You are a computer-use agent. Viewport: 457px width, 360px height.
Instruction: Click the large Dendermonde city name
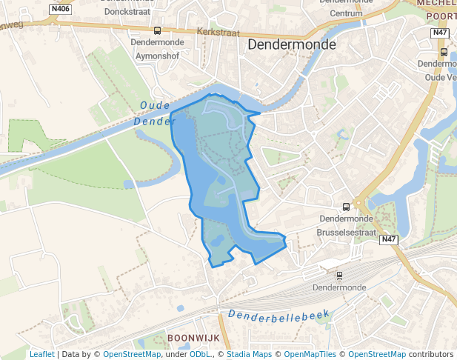[291, 44]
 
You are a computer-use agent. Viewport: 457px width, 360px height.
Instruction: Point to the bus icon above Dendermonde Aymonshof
[157, 30]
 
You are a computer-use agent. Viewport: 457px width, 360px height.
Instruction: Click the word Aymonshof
[156, 54]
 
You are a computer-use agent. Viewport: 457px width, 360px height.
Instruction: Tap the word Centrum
[346, 13]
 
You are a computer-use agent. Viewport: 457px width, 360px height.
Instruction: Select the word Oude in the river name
[155, 107]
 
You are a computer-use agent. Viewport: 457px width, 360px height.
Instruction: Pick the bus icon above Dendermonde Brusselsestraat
[346, 207]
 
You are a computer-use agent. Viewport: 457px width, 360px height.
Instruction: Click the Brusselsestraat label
[346, 231]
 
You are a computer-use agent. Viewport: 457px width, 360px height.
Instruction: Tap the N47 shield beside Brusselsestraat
[390, 240]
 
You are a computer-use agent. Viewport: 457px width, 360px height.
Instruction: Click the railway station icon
[339, 275]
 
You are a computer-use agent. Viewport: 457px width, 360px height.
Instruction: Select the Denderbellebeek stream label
[278, 316]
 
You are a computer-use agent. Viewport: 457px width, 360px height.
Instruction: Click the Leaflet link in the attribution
[41, 354]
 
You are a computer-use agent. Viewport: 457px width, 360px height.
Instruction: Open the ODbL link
[200, 354]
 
